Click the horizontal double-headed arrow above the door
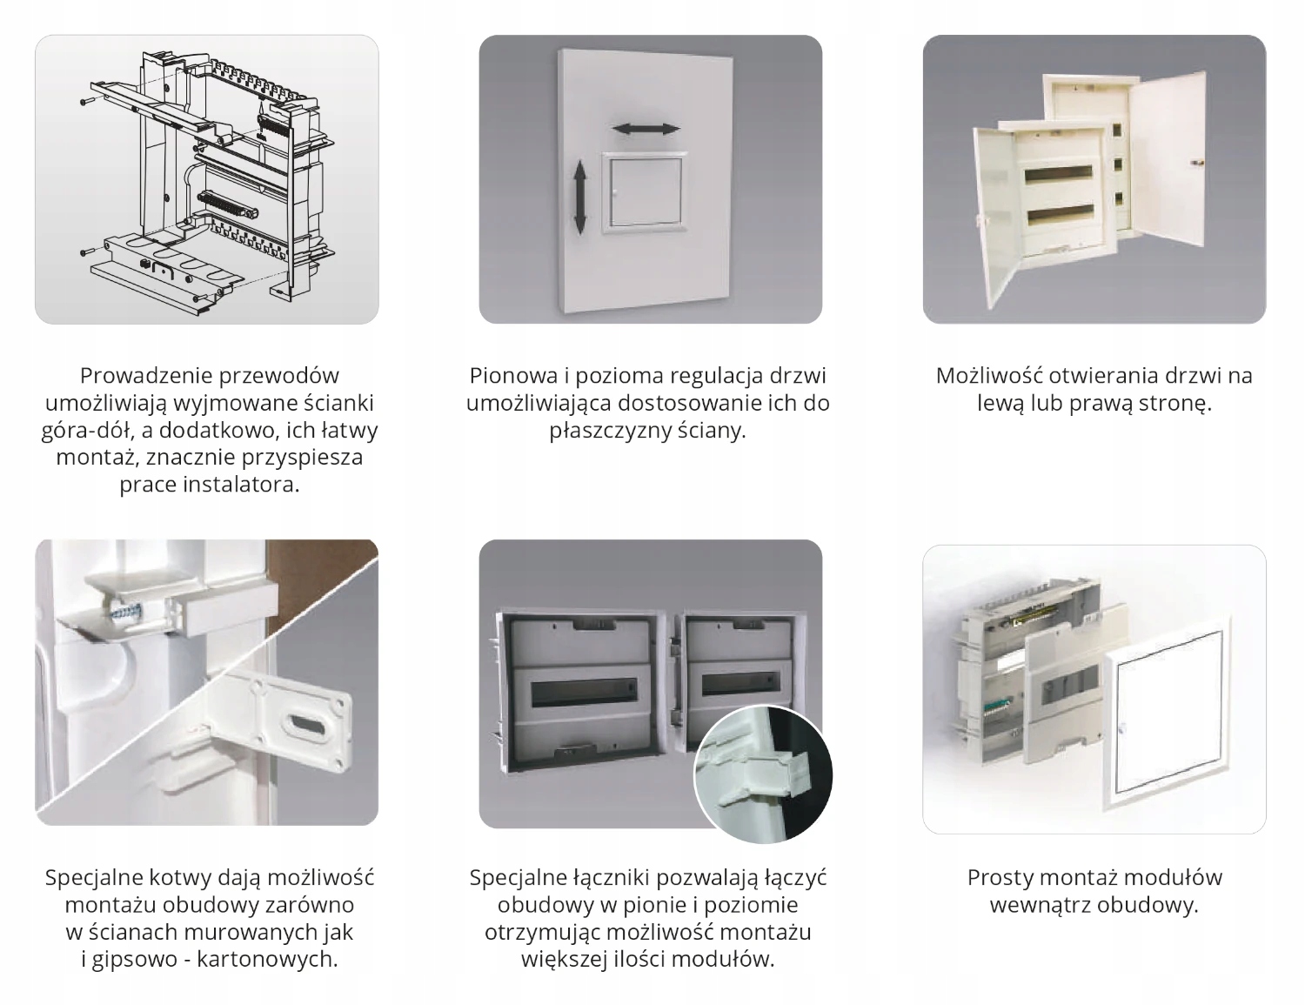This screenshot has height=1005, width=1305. (x=646, y=129)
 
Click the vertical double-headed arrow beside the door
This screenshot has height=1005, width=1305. (x=581, y=196)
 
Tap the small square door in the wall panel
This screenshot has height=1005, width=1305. (x=645, y=192)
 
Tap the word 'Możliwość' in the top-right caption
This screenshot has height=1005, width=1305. (x=988, y=376)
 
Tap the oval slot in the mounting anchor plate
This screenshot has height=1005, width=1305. (x=304, y=722)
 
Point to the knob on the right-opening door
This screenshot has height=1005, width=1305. (x=1195, y=162)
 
